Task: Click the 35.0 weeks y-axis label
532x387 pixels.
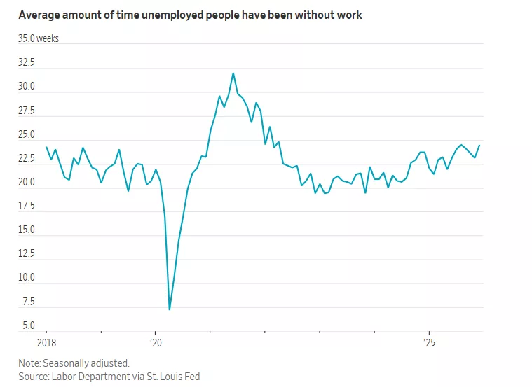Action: (x=39, y=38)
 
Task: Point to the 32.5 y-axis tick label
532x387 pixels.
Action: (x=27, y=62)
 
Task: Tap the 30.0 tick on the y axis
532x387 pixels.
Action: (x=27, y=87)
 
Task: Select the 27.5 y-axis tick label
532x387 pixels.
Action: (x=27, y=111)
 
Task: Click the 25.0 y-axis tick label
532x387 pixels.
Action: (x=27, y=134)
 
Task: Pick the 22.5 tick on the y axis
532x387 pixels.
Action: (x=27, y=158)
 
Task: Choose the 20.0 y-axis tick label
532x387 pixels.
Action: (x=27, y=182)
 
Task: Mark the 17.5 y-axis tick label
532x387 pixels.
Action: (x=27, y=206)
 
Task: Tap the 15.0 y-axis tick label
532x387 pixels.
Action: (x=27, y=230)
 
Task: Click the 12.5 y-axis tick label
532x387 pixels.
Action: (x=27, y=253)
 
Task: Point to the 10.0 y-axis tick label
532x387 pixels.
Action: (x=27, y=277)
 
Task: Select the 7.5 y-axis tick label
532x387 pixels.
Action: (x=28, y=301)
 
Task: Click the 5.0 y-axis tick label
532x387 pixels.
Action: (x=28, y=325)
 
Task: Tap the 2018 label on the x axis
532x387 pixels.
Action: (x=46, y=343)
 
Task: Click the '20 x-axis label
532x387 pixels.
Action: (x=156, y=343)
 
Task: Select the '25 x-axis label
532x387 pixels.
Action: (x=429, y=343)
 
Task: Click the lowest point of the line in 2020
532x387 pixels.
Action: (x=170, y=309)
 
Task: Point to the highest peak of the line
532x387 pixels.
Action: (x=233, y=73)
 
